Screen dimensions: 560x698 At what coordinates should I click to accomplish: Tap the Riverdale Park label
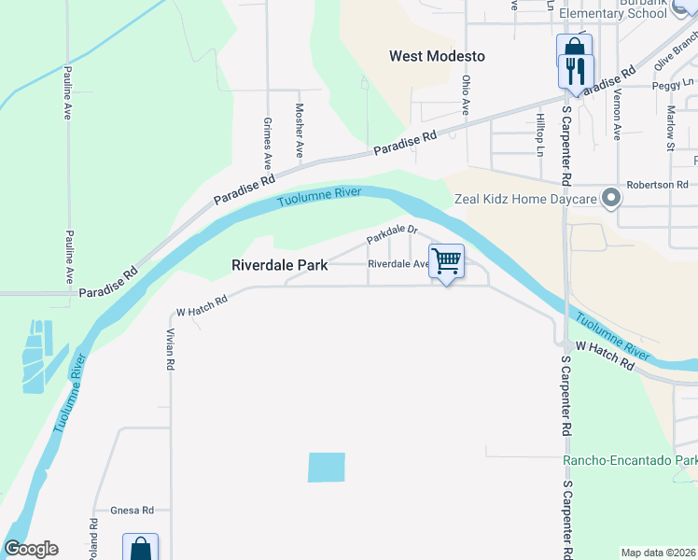click(x=279, y=265)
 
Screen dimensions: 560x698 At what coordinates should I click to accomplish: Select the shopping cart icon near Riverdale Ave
click(x=447, y=261)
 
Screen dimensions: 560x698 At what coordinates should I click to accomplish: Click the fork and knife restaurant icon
click(x=576, y=70)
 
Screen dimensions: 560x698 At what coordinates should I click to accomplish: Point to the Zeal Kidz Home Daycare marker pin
click(x=612, y=198)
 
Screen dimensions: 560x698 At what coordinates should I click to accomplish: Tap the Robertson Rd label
click(x=656, y=185)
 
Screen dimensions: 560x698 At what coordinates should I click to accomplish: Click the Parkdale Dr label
click(x=391, y=233)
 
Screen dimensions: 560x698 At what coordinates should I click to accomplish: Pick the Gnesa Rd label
click(x=132, y=511)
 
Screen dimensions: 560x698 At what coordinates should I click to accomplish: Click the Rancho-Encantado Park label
click(x=630, y=461)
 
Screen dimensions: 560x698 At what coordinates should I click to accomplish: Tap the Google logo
click(x=31, y=549)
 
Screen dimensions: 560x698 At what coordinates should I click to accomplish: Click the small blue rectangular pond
click(x=327, y=468)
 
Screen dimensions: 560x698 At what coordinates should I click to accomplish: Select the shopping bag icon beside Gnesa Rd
click(x=140, y=547)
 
